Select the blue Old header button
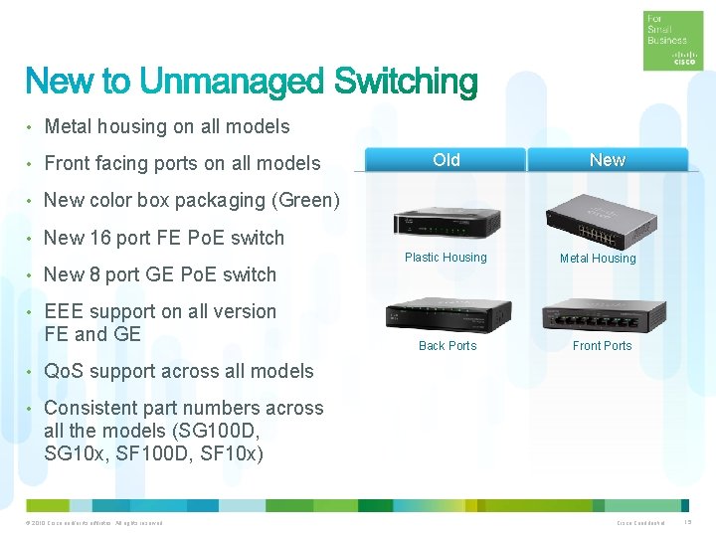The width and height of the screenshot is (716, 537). pos(447,160)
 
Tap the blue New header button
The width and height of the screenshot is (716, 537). pos(607,160)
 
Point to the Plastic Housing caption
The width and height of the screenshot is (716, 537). pos(446,258)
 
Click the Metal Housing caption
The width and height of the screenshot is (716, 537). pos(598,259)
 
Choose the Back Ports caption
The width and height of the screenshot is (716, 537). pos(447,346)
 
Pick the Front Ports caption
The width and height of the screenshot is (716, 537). pos(603,346)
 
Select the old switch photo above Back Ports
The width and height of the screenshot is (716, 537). pos(448,314)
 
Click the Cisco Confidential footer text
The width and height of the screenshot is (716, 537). pos(640,523)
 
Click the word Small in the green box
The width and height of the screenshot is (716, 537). pos(661,30)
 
